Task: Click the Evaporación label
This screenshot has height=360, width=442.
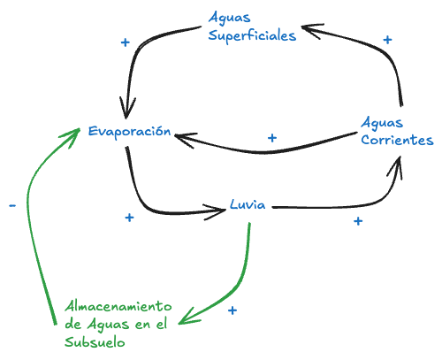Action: pyautogui.click(x=128, y=131)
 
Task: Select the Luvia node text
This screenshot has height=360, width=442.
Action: pyautogui.click(x=247, y=203)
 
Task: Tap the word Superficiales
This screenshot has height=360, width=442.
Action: pyautogui.click(x=252, y=36)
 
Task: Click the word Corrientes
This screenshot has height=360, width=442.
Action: pyautogui.click(x=397, y=140)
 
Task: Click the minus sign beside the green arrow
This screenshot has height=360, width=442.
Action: pyautogui.click(x=11, y=205)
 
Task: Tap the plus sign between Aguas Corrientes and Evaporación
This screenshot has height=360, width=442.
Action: pyautogui.click(x=272, y=138)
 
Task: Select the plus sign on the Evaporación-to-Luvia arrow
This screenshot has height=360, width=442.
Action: pyautogui.click(x=129, y=217)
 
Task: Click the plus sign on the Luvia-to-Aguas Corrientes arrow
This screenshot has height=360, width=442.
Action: pyautogui.click(x=358, y=220)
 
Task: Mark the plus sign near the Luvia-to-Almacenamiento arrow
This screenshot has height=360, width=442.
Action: pyautogui.click(x=232, y=310)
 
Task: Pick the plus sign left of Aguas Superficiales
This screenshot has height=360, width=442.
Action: pyautogui.click(x=125, y=42)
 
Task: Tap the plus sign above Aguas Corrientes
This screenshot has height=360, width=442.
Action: pyautogui.click(x=386, y=39)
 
